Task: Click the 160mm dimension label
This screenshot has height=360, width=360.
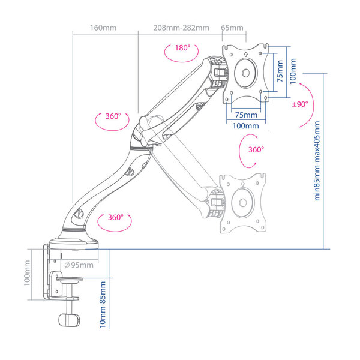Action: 103,28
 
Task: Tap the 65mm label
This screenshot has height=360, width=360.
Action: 232,28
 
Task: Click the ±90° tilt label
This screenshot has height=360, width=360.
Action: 300,104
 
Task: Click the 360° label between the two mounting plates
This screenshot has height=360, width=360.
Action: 256,149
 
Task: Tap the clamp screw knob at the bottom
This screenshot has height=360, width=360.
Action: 69,320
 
